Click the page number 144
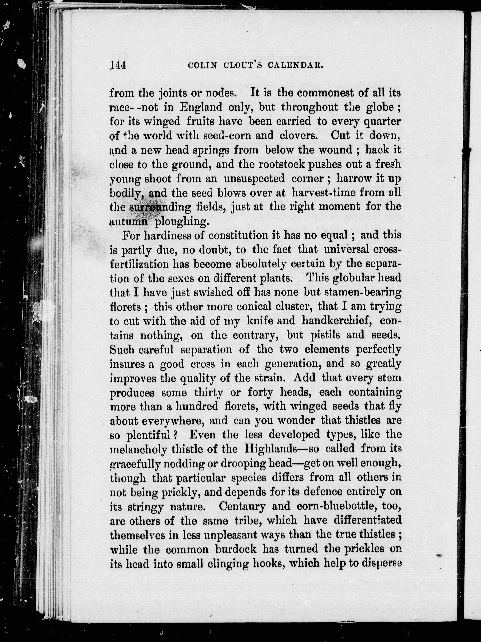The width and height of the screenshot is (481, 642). click(118, 66)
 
